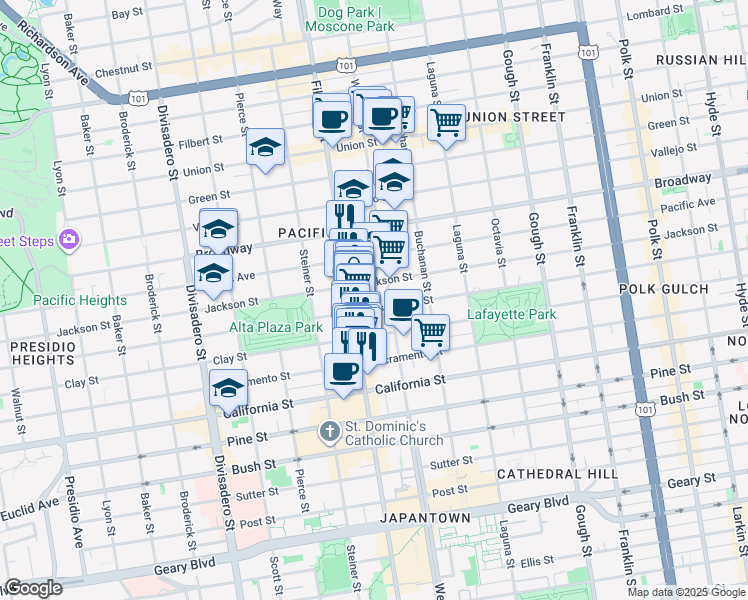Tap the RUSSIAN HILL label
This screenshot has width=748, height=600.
[x=701, y=60]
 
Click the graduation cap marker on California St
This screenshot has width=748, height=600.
[x=228, y=388]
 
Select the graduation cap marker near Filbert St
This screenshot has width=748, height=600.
[x=266, y=147]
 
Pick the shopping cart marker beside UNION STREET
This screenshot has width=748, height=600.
[x=446, y=122]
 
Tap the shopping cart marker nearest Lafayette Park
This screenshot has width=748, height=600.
[x=430, y=332]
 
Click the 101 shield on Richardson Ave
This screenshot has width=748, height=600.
[x=136, y=98]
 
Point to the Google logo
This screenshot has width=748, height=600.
[x=32, y=588]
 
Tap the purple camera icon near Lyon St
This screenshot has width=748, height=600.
[x=69, y=238]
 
